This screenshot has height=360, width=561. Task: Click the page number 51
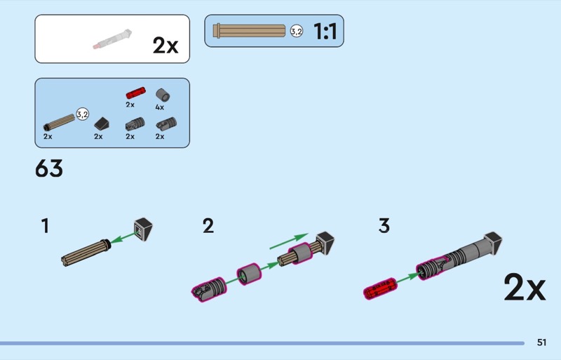(541, 342)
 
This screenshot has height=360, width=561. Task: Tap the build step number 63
(49, 168)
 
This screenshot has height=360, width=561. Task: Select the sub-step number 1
(46, 226)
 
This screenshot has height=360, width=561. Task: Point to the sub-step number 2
(208, 226)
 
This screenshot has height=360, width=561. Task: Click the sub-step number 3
(384, 226)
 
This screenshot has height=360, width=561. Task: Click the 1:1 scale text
(325, 32)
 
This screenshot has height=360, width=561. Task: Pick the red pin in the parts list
(135, 92)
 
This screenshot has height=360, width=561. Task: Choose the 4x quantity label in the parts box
(159, 107)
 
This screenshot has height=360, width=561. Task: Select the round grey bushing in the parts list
(162, 93)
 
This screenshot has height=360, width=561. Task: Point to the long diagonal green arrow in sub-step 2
(289, 241)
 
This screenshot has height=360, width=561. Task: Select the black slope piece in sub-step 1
(143, 228)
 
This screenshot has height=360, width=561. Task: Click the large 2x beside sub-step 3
(524, 288)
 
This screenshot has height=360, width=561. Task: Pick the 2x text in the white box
(165, 46)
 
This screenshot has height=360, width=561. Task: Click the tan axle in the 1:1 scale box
(251, 31)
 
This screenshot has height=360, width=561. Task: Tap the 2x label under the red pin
(130, 105)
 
